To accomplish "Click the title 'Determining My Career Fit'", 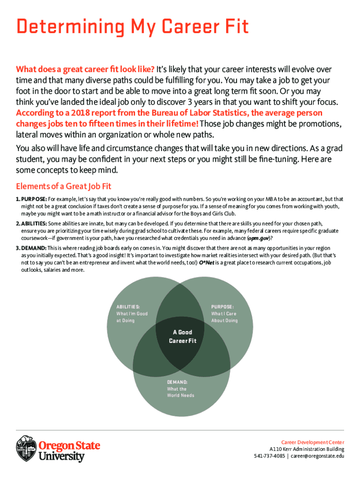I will (x=132, y=28).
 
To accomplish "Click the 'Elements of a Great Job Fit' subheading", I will (x=64, y=186).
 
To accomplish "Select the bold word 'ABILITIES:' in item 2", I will (x=34, y=224).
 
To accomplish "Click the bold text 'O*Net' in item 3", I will (x=207, y=263).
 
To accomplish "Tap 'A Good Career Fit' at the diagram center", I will (x=182, y=336).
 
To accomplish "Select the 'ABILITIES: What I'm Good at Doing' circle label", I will (x=132, y=313).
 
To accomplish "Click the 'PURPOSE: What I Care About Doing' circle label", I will (x=224, y=313).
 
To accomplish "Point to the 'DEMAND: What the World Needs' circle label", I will (x=180, y=389).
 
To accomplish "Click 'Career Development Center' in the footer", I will (x=312, y=442).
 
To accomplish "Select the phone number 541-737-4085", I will (x=269, y=456).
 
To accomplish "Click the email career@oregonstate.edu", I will (x=318, y=456).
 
